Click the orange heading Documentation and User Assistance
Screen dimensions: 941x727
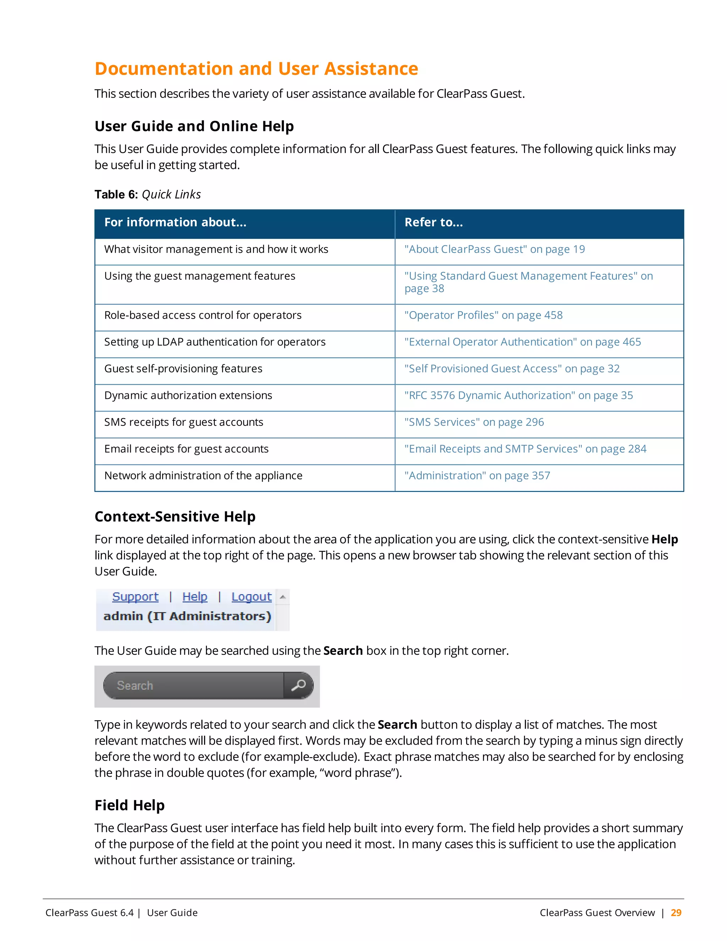tap(256, 69)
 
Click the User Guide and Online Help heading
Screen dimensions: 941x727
tap(194, 126)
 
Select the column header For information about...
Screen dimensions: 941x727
tap(175, 222)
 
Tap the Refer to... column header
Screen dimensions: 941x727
tap(433, 222)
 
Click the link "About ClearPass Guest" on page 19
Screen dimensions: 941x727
tap(494, 250)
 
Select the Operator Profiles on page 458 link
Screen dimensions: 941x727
tap(483, 315)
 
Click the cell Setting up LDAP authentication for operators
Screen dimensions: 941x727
tap(214, 342)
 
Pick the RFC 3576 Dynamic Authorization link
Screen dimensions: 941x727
tap(518, 396)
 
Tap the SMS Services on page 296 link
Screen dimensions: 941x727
tap(474, 422)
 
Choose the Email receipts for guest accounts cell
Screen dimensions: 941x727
tap(186, 449)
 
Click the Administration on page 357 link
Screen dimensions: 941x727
tap(477, 476)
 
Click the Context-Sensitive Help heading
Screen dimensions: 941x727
tap(175, 517)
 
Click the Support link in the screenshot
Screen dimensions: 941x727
tap(135, 597)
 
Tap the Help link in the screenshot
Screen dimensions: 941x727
tap(195, 597)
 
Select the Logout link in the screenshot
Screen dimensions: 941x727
tap(252, 597)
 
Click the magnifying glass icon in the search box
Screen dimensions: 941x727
tap(299, 685)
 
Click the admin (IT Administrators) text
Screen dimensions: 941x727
tap(187, 616)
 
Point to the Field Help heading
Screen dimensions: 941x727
tap(130, 805)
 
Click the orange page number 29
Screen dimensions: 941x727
tap(676, 913)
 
